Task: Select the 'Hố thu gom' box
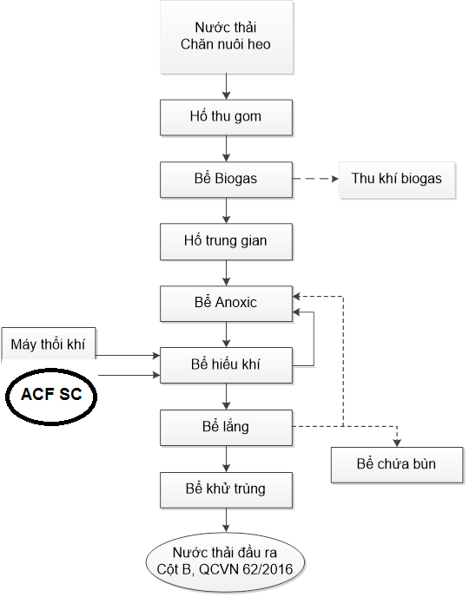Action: tap(226, 115)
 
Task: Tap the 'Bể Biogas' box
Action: tap(226, 179)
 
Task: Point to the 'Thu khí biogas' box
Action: tap(396, 180)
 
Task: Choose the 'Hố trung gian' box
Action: tap(226, 241)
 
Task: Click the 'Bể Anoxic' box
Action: tap(226, 303)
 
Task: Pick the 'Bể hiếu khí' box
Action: tap(226, 365)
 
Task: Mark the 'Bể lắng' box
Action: tap(226, 427)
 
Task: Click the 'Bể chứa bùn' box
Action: tap(396, 464)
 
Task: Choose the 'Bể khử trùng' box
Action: tap(226, 489)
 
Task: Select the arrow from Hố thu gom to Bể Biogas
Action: tap(226, 147)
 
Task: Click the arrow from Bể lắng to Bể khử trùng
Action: tap(226, 458)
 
